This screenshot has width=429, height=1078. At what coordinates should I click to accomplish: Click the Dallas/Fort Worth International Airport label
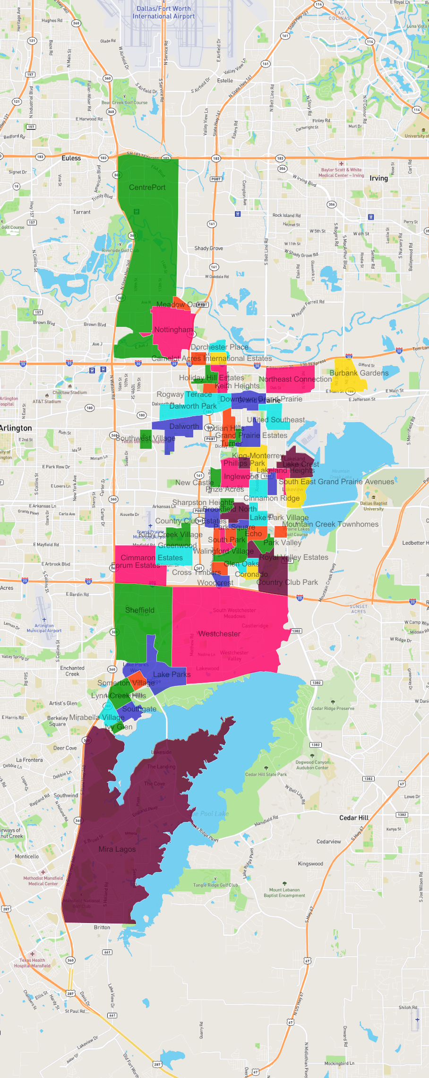(x=163, y=12)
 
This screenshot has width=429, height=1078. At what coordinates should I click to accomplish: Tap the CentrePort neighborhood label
(x=147, y=188)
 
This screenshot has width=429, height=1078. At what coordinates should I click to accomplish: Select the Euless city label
(x=71, y=158)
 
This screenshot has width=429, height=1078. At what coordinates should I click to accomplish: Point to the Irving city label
(x=378, y=178)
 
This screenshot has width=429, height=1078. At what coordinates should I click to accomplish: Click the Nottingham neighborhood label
(x=173, y=329)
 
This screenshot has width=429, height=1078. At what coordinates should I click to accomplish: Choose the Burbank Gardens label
(x=359, y=373)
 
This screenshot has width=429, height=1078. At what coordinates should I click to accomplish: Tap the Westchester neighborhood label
(x=219, y=634)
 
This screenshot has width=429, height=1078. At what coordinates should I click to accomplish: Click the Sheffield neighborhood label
(x=140, y=610)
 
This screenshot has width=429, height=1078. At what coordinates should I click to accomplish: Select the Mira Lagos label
(x=117, y=849)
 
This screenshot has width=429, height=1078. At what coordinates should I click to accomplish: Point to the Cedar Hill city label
(x=354, y=818)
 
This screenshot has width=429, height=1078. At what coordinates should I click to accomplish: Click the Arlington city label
(x=16, y=428)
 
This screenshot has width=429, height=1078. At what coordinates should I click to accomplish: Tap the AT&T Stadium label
(x=47, y=402)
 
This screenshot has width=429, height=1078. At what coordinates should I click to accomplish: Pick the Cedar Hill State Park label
(x=266, y=774)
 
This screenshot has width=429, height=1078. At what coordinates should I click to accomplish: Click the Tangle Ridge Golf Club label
(x=215, y=885)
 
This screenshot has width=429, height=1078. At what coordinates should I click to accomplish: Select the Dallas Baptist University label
(x=373, y=506)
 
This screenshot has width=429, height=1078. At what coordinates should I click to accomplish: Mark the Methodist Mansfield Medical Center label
(x=43, y=881)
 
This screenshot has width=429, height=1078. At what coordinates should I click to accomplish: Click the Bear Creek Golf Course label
(x=124, y=103)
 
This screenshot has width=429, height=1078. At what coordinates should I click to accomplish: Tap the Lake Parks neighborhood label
(x=172, y=675)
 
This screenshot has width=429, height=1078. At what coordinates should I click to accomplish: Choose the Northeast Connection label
(x=295, y=379)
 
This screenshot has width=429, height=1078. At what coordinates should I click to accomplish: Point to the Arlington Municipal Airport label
(x=44, y=628)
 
